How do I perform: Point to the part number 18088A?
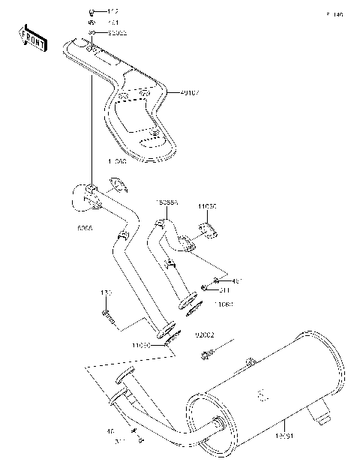click(166, 202)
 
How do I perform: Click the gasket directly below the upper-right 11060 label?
click(208, 229)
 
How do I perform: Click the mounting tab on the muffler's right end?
click(322, 410)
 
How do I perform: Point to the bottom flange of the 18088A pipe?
click(188, 304)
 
